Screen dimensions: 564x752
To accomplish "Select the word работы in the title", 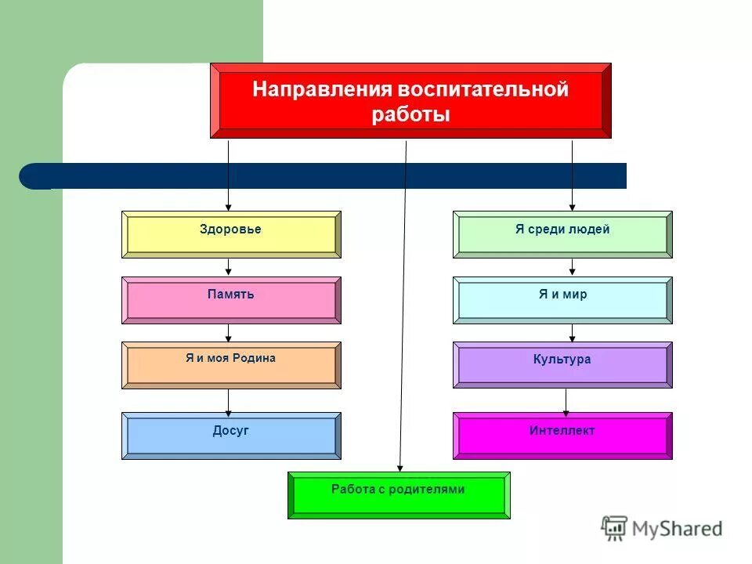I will [410, 115].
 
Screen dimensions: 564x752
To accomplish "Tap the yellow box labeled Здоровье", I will [231, 234].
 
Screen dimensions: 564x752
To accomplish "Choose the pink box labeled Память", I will [231, 300].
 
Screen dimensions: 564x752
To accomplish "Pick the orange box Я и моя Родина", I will [231, 365].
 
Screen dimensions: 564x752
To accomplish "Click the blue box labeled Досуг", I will [231, 436].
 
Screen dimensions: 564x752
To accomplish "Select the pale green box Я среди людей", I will [562, 234].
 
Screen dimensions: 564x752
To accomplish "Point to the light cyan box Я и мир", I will [562, 300].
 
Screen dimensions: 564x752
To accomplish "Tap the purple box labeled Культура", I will [562, 365].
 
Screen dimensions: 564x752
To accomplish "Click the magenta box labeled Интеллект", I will [562, 436].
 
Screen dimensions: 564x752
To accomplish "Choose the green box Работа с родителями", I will [399, 495].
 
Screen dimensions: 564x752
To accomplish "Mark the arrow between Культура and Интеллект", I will [566, 401].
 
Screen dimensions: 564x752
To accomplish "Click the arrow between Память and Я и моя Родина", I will [228, 333].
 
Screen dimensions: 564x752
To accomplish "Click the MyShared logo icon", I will [614, 528].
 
